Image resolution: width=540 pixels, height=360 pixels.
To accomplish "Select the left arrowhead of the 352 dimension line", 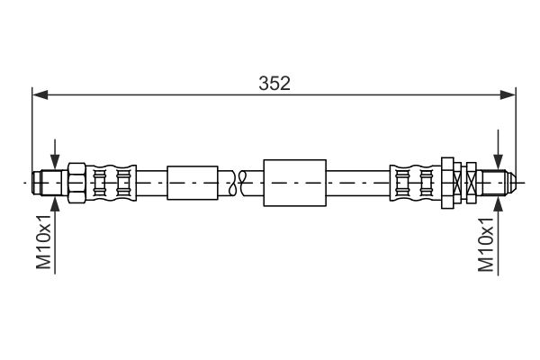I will [x=39, y=93].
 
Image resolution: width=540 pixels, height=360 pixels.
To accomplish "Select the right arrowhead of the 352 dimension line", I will [x=509, y=93].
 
